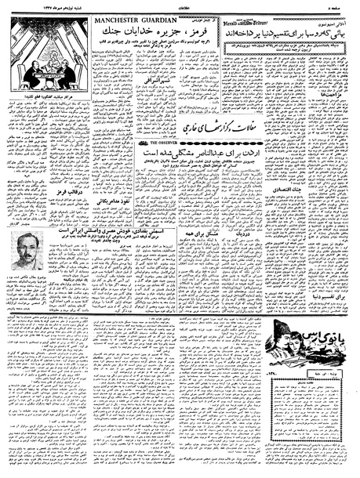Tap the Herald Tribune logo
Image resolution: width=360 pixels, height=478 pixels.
tap(224, 20)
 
